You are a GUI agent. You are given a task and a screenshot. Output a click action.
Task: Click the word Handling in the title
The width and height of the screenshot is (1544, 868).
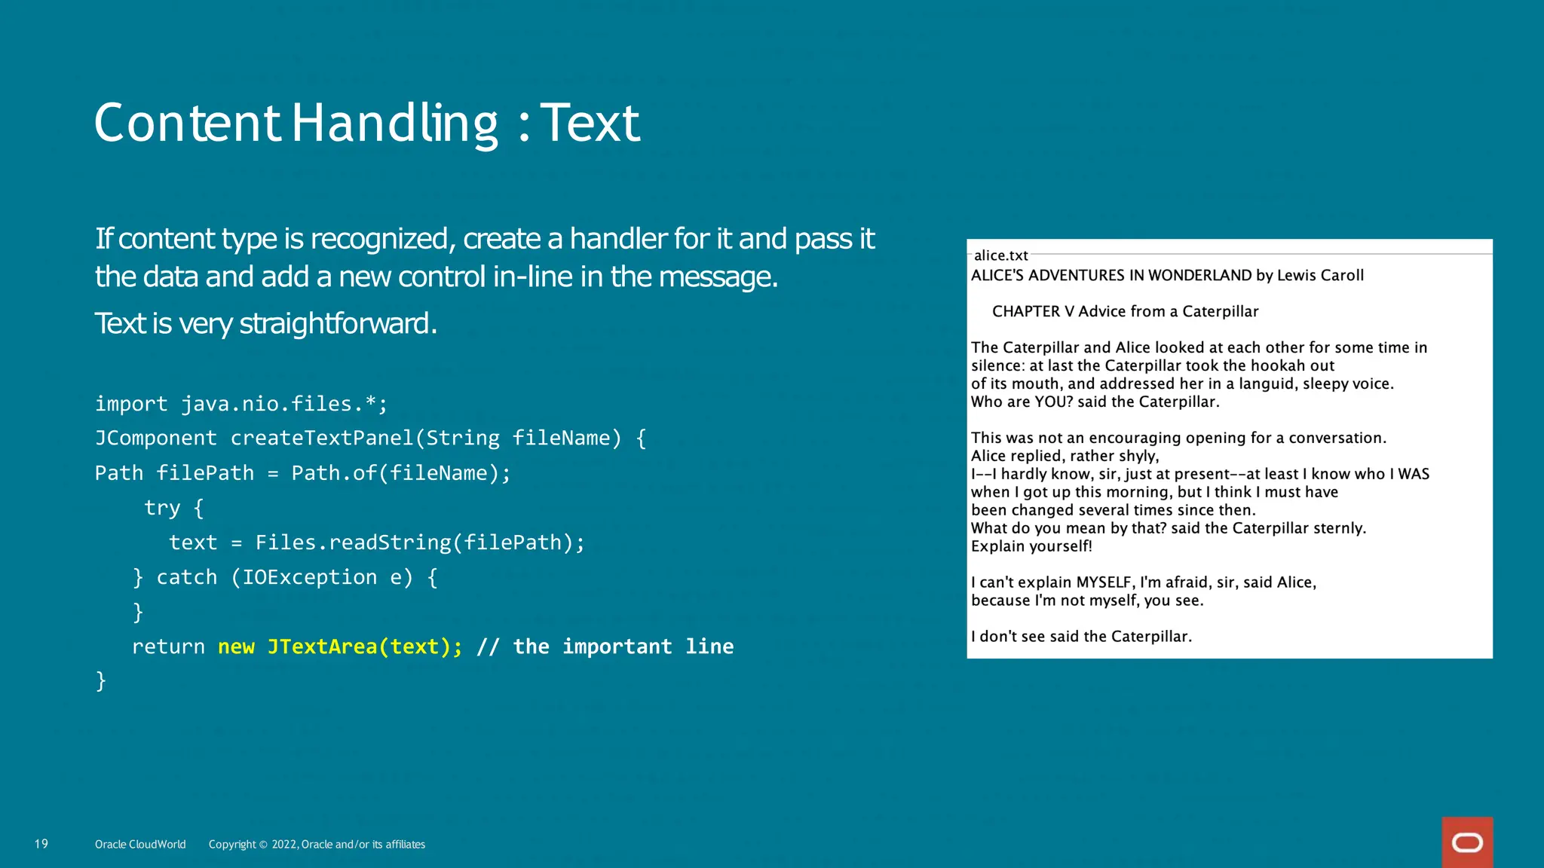[x=394, y=124]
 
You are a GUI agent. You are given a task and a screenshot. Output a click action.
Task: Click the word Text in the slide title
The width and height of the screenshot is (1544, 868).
[x=590, y=124]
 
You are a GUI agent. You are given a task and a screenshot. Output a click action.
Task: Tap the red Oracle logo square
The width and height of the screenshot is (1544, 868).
[x=1467, y=842]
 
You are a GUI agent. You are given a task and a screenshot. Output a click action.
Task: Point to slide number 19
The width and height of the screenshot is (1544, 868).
[x=41, y=844]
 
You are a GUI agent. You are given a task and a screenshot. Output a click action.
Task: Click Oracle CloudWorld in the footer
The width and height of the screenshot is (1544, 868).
[x=140, y=845]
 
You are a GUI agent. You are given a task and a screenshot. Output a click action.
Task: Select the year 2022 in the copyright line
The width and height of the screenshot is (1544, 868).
[x=284, y=845]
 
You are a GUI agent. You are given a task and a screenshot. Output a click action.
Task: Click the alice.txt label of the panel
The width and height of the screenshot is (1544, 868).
[x=1000, y=255]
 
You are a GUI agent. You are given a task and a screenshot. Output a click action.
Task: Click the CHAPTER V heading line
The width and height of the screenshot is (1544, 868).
[x=1125, y=311]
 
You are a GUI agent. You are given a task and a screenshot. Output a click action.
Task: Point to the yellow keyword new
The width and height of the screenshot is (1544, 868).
[x=236, y=646]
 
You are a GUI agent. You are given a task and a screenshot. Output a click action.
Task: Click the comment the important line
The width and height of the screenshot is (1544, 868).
[x=623, y=646]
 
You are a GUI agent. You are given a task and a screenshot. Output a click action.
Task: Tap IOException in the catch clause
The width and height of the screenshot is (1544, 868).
[x=309, y=577]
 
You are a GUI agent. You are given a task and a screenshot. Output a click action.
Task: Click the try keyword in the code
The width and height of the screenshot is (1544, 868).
[x=162, y=508]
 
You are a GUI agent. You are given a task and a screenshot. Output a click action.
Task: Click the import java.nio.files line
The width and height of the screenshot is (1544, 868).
[x=241, y=404]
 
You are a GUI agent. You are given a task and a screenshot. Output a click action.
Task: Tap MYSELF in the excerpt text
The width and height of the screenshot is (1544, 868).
[x=1104, y=582]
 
